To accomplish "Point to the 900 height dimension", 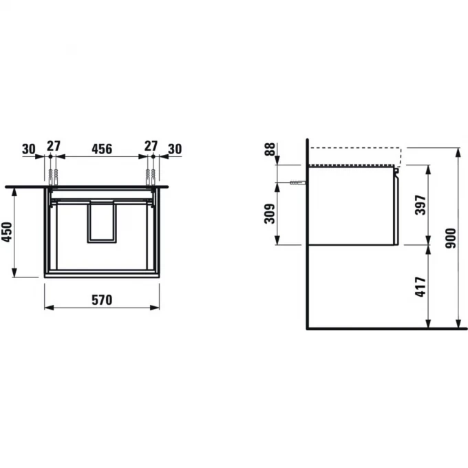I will [450, 238].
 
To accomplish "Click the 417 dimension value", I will [421, 287].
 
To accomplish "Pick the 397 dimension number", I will [421, 205].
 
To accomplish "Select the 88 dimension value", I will [270, 149].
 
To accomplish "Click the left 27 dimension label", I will [52, 147].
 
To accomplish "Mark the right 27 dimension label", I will [151, 147].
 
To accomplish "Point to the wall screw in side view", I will [297, 182].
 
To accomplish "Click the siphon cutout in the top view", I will [101, 222].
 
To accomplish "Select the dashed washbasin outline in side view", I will [354, 149].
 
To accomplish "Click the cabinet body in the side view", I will [351, 206].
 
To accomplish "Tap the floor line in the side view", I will [385, 329].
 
